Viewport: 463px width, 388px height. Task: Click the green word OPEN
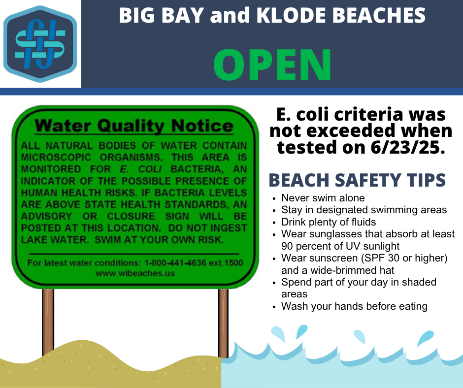click(x=272, y=65)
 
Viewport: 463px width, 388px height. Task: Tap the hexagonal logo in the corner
click(x=40, y=44)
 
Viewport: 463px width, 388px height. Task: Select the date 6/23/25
click(x=407, y=147)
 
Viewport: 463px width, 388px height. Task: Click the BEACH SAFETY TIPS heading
click(x=357, y=180)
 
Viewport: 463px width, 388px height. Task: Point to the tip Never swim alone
click(x=323, y=198)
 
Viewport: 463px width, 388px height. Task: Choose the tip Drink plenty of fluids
click(x=329, y=222)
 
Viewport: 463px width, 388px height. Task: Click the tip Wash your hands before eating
click(x=354, y=306)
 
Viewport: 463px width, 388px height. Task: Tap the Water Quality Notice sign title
click(x=134, y=126)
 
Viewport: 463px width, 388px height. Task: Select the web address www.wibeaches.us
click(x=135, y=273)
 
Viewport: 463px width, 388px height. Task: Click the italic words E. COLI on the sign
click(x=141, y=169)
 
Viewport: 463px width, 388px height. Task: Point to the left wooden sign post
click(x=48, y=322)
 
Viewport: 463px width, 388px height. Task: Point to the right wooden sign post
click(x=223, y=323)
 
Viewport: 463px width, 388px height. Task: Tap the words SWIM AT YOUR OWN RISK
click(x=159, y=240)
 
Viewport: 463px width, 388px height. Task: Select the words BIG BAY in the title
click(x=162, y=15)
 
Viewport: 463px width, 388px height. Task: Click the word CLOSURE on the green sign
click(x=131, y=217)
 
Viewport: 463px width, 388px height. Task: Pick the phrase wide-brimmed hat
click(x=352, y=270)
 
